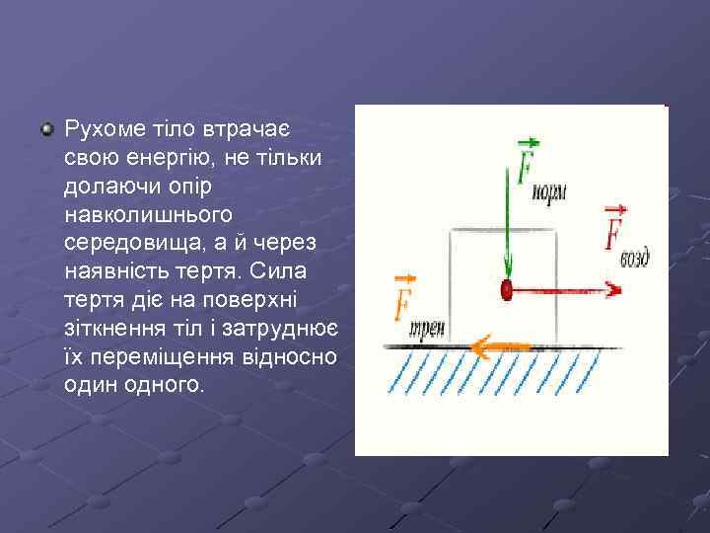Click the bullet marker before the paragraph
tap(47, 129)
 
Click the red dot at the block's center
tap(507, 290)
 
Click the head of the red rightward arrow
tap(613, 290)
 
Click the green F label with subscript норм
tap(537, 168)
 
